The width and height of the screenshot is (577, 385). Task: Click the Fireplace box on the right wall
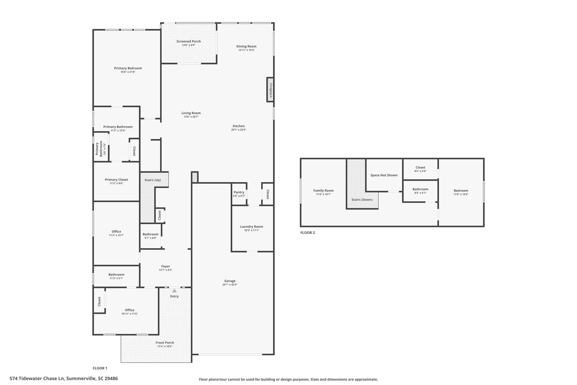click(270, 90)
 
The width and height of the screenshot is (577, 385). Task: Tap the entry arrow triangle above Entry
click(174, 291)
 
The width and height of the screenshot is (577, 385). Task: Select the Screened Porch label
click(189, 41)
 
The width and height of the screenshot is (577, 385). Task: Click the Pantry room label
click(239, 192)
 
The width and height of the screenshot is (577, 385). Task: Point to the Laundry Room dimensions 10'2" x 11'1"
click(252, 230)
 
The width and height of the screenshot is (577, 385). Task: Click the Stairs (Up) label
click(153, 180)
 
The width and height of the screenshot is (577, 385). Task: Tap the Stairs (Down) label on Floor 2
click(362, 200)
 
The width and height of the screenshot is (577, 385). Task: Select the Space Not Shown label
click(384, 175)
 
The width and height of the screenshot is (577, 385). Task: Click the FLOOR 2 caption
click(308, 233)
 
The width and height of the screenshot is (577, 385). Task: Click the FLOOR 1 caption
click(100, 368)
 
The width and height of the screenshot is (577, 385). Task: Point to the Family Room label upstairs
click(323, 190)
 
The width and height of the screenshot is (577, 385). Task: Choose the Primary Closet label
click(116, 180)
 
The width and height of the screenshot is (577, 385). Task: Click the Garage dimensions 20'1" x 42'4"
click(230, 285)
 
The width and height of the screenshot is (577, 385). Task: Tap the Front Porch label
click(165, 343)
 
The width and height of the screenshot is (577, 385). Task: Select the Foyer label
click(166, 266)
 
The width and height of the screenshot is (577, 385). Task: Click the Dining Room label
click(246, 46)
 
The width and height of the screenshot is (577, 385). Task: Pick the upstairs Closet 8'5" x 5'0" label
click(420, 168)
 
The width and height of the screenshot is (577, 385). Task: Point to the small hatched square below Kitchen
click(195, 177)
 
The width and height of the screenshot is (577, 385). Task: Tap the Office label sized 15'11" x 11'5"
click(130, 310)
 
